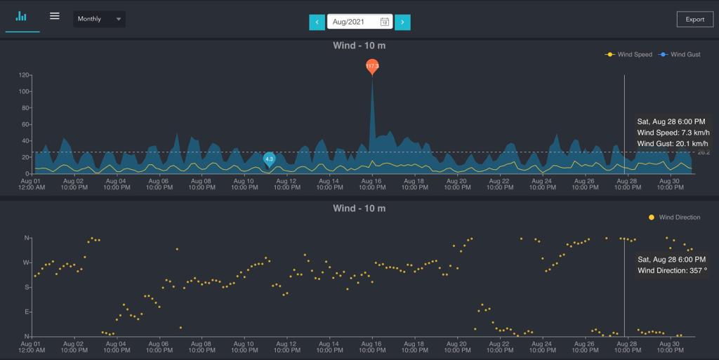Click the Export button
pos(694,19)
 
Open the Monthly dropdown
pos(99,19)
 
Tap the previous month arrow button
pos(317,22)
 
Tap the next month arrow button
pos(402,22)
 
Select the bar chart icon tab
pos(22,17)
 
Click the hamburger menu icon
pos(55,17)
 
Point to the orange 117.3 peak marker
pos(372,67)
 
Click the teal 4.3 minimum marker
pos(269,159)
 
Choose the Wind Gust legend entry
pos(680,55)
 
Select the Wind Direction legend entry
pos(675,218)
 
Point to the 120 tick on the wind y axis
pos(25,75)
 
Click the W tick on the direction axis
pos(27,262)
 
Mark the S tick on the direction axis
pos(27,287)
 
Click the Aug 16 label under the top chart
pos(371,184)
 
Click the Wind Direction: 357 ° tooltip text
pos(672,270)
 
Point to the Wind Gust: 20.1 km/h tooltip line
pos(673,143)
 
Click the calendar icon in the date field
pos(385,22)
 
